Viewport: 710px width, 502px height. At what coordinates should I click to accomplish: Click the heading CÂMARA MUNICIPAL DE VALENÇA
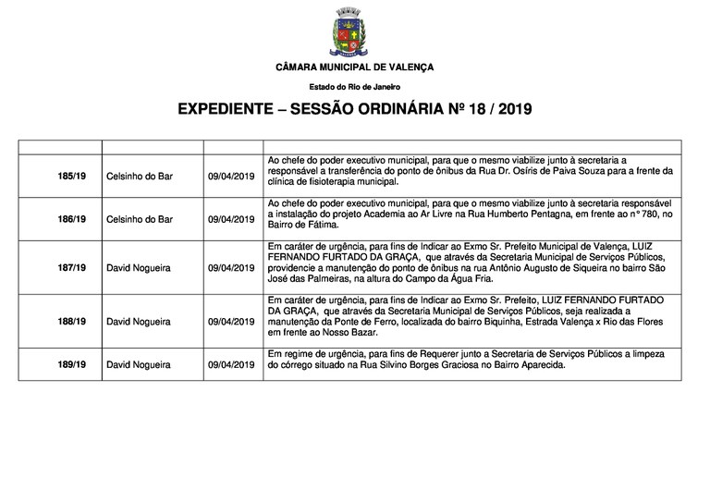point(354,67)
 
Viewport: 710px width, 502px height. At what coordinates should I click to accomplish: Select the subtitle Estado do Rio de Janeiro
point(354,86)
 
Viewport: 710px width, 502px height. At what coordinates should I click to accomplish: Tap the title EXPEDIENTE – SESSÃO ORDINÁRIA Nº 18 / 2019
point(354,109)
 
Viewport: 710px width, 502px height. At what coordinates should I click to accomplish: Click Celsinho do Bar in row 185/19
point(140,176)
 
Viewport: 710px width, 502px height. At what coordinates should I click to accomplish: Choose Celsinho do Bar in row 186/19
point(140,219)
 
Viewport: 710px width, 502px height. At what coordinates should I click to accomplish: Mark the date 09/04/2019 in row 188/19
point(231,321)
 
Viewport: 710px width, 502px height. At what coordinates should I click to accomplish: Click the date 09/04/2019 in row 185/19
point(231,176)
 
